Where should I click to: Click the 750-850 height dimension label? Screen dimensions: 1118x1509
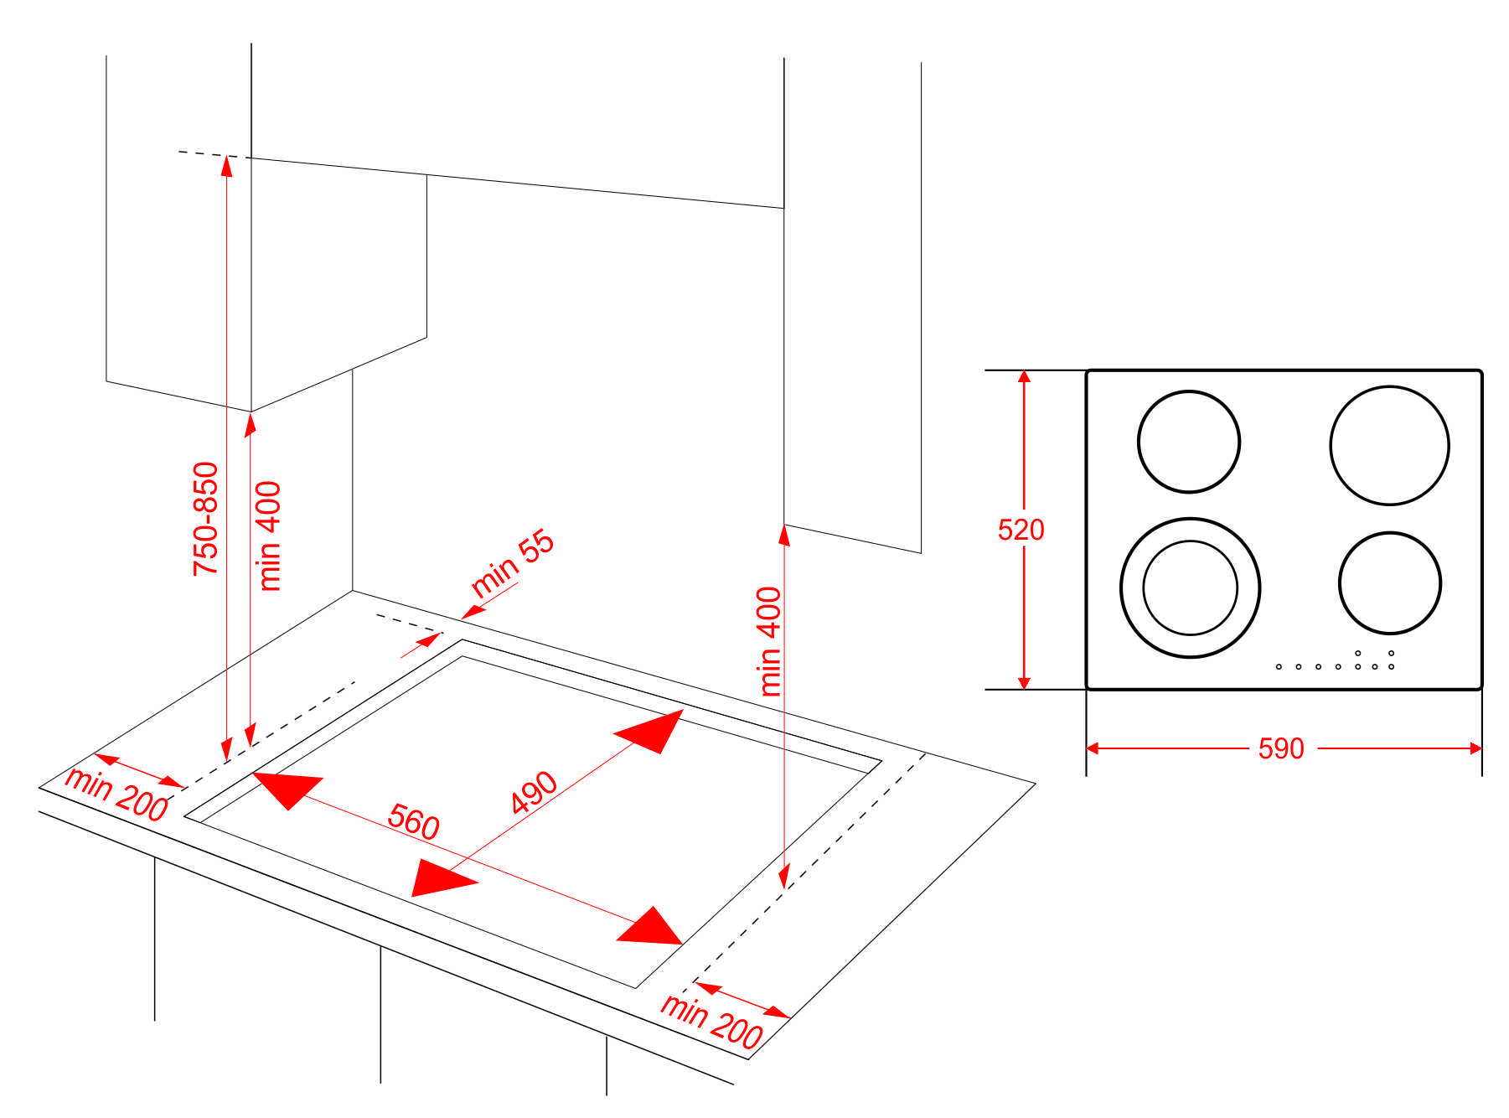pyautogui.click(x=205, y=518)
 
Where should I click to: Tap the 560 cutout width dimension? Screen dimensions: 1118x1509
pyautogui.click(x=413, y=821)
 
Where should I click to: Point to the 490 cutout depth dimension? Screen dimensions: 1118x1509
pyautogui.click(x=534, y=792)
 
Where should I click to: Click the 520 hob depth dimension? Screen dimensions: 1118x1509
pyautogui.click(x=1021, y=530)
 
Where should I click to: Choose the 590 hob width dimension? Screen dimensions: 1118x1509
pyautogui.click(x=1281, y=748)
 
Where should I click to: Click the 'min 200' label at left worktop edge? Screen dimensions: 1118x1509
pyautogui.click(x=116, y=794)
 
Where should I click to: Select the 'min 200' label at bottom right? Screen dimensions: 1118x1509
pyautogui.click(x=711, y=1021)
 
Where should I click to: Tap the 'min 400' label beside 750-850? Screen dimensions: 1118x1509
pyautogui.click(x=269, y=536)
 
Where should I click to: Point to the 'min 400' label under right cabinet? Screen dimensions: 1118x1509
pyautogui.click(x=769, y=641)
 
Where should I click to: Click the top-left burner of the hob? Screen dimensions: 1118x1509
pyautogui.click(x=1188, y=442)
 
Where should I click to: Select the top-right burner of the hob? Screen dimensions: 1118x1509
pyautogui.click(x=1389, y=445)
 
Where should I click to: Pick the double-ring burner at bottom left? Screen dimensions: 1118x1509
pyautogui.click(x=1190, y=587)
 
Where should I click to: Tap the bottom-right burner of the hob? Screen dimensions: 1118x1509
pyautogui.click(x=1389, y=582)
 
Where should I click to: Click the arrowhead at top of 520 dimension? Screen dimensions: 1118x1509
pyautogui.click(x=1024, y=376)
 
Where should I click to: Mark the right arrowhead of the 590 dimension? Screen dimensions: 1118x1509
pyautogui.click(x=1475, y=748)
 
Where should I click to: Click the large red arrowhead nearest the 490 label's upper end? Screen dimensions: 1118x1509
pyautogui.click(x=653, y=730)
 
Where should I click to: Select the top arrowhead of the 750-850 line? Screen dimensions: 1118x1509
pyautogui.click(x=226, y=165)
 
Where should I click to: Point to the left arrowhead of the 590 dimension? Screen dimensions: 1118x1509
pyautogui.click(x=1093, y=748)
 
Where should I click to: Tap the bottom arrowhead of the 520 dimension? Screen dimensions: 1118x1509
pyautogui.click(x=1024, y=683)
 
